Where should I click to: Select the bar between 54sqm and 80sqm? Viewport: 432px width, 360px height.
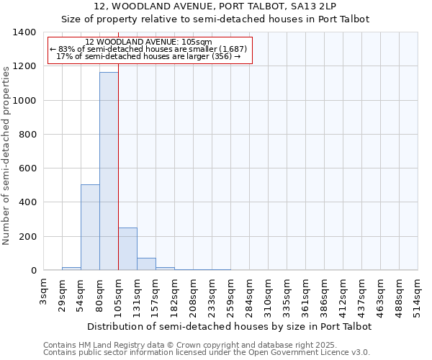tap(90, 228)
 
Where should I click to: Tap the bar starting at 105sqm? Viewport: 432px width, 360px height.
tap(127, 249)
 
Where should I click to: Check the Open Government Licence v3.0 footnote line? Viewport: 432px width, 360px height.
tap(207, 352)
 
